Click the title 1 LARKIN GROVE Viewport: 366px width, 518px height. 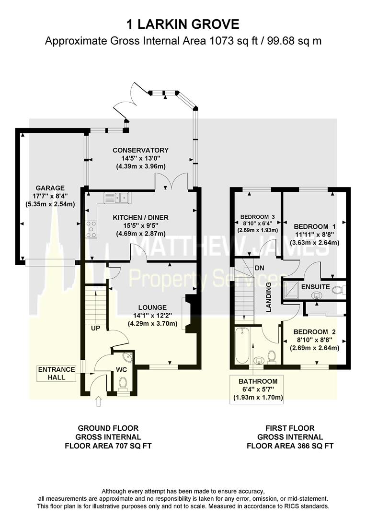tap(183, 24)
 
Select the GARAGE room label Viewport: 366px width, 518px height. tap(52, 188)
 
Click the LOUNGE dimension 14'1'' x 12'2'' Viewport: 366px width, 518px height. tap(152, 315)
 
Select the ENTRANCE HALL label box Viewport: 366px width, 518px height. tap(57, 373)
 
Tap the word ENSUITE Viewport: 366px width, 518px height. tap(315, 287)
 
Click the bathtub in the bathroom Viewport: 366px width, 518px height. tap(241, 346)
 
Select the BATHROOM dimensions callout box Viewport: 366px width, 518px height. tap(258, 389)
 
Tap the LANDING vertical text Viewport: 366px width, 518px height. tap(269, 297)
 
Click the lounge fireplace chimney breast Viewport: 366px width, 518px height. tap(191, 314)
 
